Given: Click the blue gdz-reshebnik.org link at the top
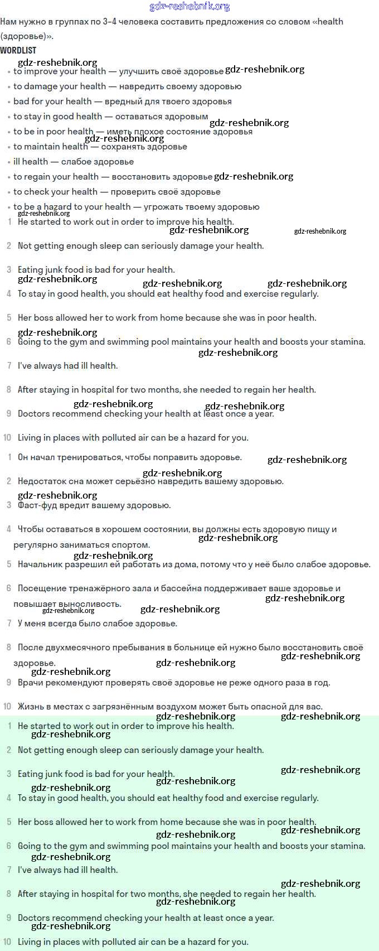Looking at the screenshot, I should (x=189, y=7).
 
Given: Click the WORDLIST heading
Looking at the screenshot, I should (x=18, y=50).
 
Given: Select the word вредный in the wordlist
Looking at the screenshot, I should (x=122, y=102).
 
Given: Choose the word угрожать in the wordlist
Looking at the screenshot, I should (x=162, y=207).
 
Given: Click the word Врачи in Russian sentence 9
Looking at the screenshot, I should (x=30, y=683).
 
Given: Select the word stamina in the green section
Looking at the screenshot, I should (x=346, y=846).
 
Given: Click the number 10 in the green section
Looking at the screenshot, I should (x=7, y=942).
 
